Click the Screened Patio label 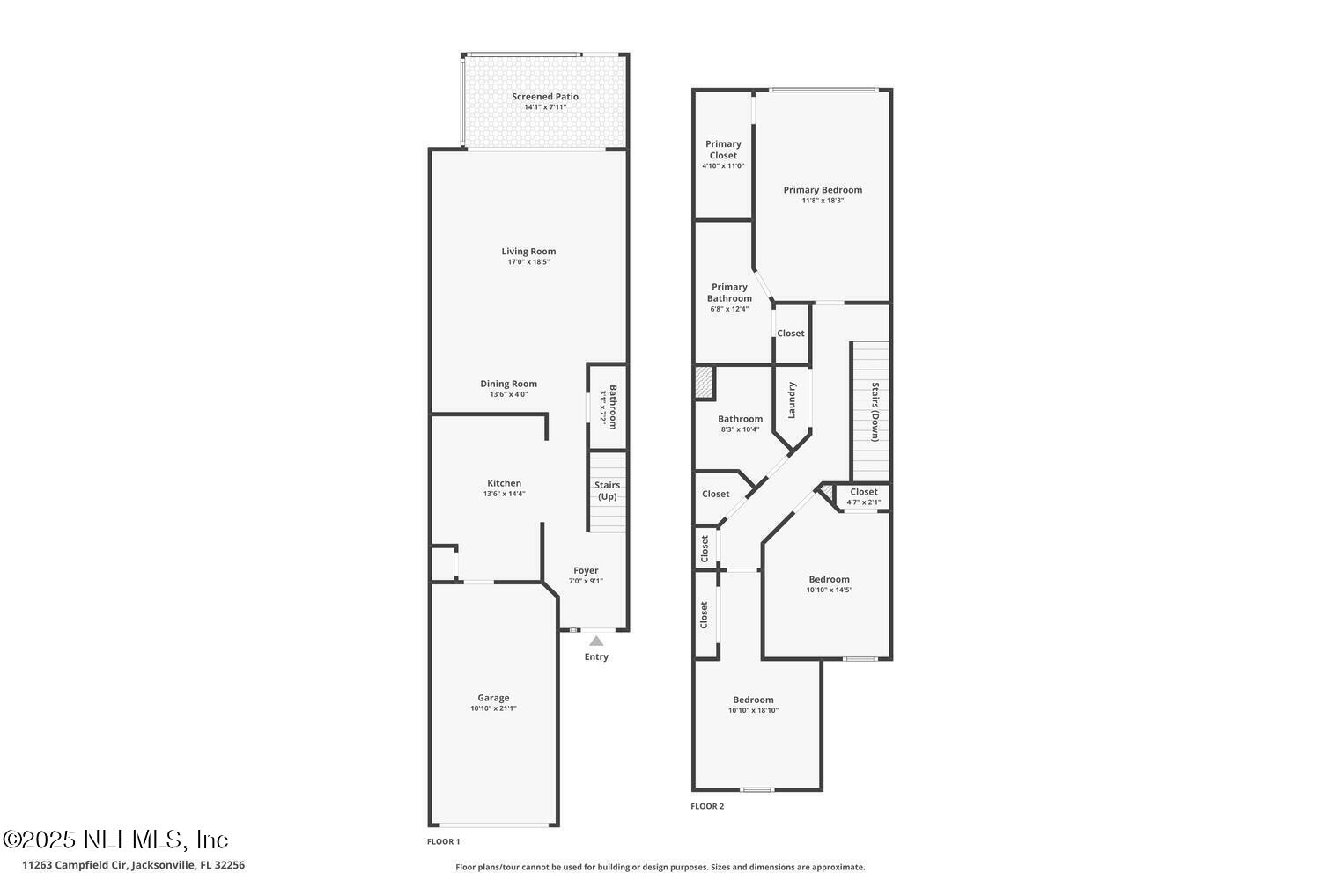tap(545, 97)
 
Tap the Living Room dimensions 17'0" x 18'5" tap(528, 262)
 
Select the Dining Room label tap(508, 384)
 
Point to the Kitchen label tap(504, 483)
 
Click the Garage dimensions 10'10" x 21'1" tap(493, 708)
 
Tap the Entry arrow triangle tap(596, 642)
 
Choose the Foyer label tap(586, 570)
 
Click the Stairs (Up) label tap(607, 491)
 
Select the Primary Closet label tap(723, 150)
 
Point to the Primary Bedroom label tap(823, 190)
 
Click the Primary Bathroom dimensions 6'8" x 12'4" tap(729, 309)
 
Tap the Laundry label tap(792, 400)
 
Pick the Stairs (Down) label tap(875, 412)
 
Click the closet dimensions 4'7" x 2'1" tap(863, 503)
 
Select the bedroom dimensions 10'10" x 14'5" tap(829, 590)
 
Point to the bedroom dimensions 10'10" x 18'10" tap(753, 711)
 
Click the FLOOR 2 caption tap(707, 806)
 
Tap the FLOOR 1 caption tap(443, 842)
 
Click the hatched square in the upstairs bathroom tap(704, 383)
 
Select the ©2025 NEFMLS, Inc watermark tap(115, 840)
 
